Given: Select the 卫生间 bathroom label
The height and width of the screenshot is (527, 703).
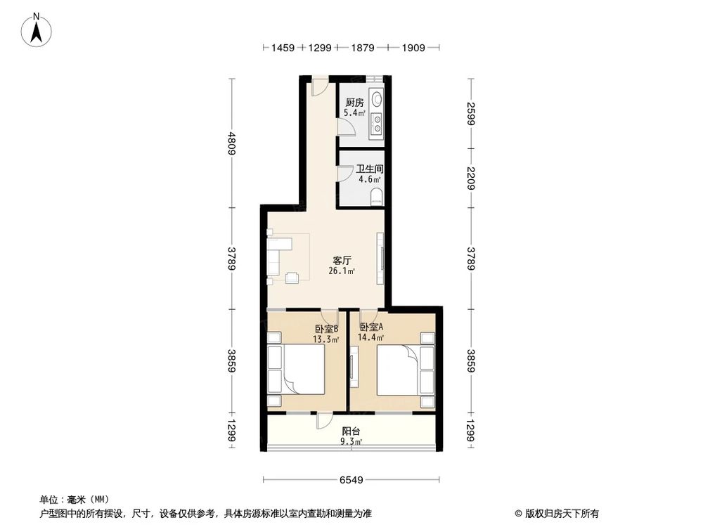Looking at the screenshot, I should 369,169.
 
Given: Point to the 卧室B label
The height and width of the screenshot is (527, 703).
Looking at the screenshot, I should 327,328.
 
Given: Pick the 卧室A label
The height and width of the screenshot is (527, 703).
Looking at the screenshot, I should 373,328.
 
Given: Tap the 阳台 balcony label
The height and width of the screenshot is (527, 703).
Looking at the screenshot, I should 351,431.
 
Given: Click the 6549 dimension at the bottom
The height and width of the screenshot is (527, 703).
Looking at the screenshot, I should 351,481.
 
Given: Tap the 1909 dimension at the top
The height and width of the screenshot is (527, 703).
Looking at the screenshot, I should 414,48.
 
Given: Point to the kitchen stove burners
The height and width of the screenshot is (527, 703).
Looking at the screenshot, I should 378,123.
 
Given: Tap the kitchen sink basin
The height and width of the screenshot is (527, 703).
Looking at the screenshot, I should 378,98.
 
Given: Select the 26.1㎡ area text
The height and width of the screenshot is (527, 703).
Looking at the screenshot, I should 342,271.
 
